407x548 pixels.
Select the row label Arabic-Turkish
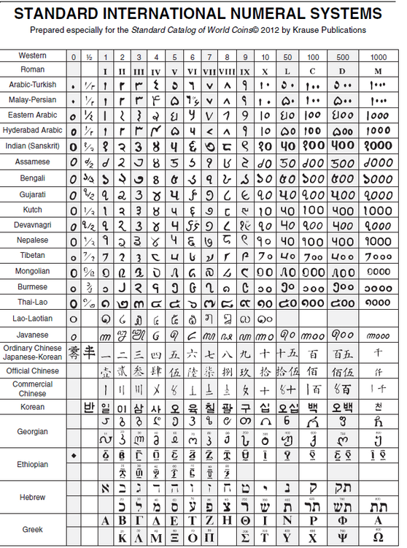pyautogui.click(x=33, y=85)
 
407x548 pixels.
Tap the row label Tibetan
pyautogui.click(x=33, y=256)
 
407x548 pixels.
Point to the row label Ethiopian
pyautogui.click(x=33, y=464)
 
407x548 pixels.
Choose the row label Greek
pyautogui.click(x=33, y=528)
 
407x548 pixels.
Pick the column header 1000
pyautogui.click(x=379, y=56)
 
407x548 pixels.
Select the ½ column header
pyautogui.click(x=88, y=56)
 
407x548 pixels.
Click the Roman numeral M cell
pyautogui.click(x=379, y=72)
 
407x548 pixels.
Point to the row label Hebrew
pyautogui.click(x=33, y=497)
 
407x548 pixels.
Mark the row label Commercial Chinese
pyautogui.click(x=33, y=388)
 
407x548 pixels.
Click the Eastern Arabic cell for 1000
pyautogui.click(x=379, y=115)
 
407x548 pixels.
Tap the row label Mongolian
pyautogui.click(x=33, y=271)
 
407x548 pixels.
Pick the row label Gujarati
pyautogui.click(x=33, y=194)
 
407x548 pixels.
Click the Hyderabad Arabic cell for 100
pyautogui.click(x=313, y=131)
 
